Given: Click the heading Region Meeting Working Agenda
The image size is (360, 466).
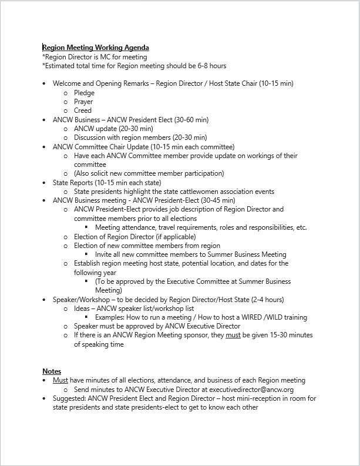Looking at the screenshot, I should click(95, 48).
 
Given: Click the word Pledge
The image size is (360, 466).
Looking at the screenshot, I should click(84, 93).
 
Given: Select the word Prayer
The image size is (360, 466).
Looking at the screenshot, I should click(83, 102).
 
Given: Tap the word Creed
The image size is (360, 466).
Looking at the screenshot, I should click(83, 110).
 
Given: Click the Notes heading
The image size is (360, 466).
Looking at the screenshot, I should click(52, 371).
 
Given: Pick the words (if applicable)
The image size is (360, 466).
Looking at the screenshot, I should click(167, 237).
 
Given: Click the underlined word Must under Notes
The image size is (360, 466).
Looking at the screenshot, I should click(60, 380).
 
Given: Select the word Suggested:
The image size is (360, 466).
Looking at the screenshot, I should click(72, 398).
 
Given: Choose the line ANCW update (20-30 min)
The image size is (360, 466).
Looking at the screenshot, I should click(113, 129).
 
